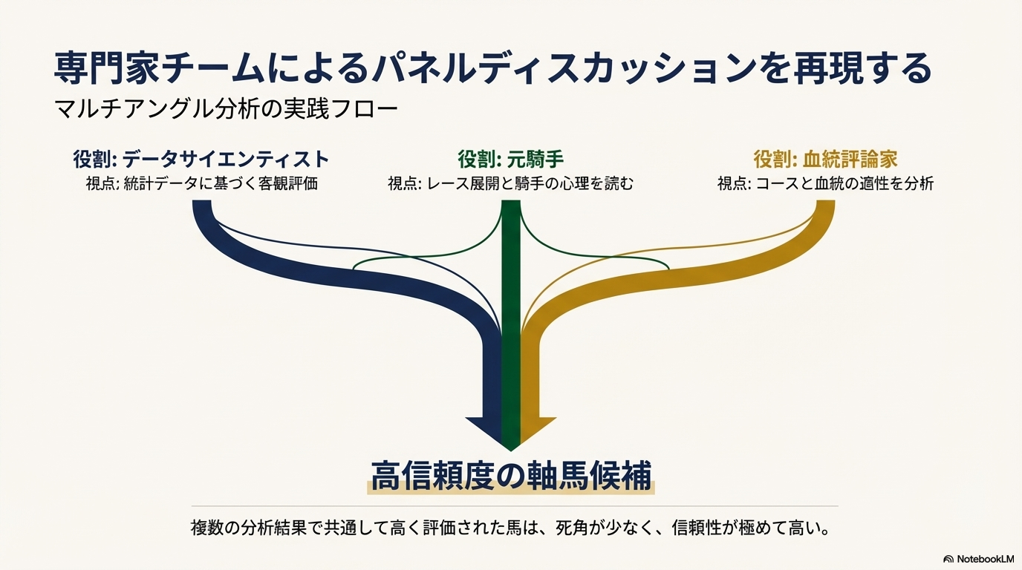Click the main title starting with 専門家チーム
pos(492,70)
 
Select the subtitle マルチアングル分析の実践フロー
pos(227,110)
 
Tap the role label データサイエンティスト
pos(201,159)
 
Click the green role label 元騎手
pos(511,159)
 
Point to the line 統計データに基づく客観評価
pos(201,183)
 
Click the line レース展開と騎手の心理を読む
pos(511,183)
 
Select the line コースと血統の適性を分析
pos(825,183)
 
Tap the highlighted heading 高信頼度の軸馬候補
pos(511,475)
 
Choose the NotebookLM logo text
pos(985,559)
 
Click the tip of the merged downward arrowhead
pos(511,448)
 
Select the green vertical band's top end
pos(511,206)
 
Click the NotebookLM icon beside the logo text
pos(948,559)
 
